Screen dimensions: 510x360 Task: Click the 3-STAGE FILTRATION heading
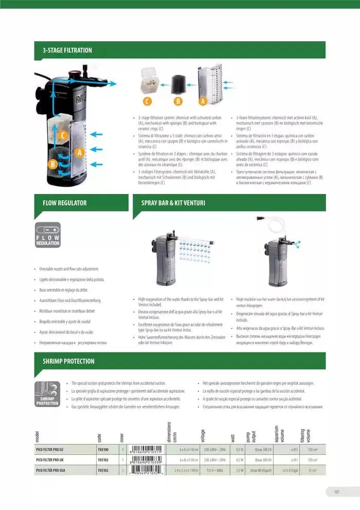coord(67,50)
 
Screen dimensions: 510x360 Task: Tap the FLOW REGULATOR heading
coord(64,203)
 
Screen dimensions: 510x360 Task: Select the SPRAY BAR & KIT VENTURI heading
coord(173,203)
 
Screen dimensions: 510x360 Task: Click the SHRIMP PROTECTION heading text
coord(68,361)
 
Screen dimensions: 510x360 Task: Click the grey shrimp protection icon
coord(47,394)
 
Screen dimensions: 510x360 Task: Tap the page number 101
coord(336,491)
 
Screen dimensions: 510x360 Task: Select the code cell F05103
coord(103,460)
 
